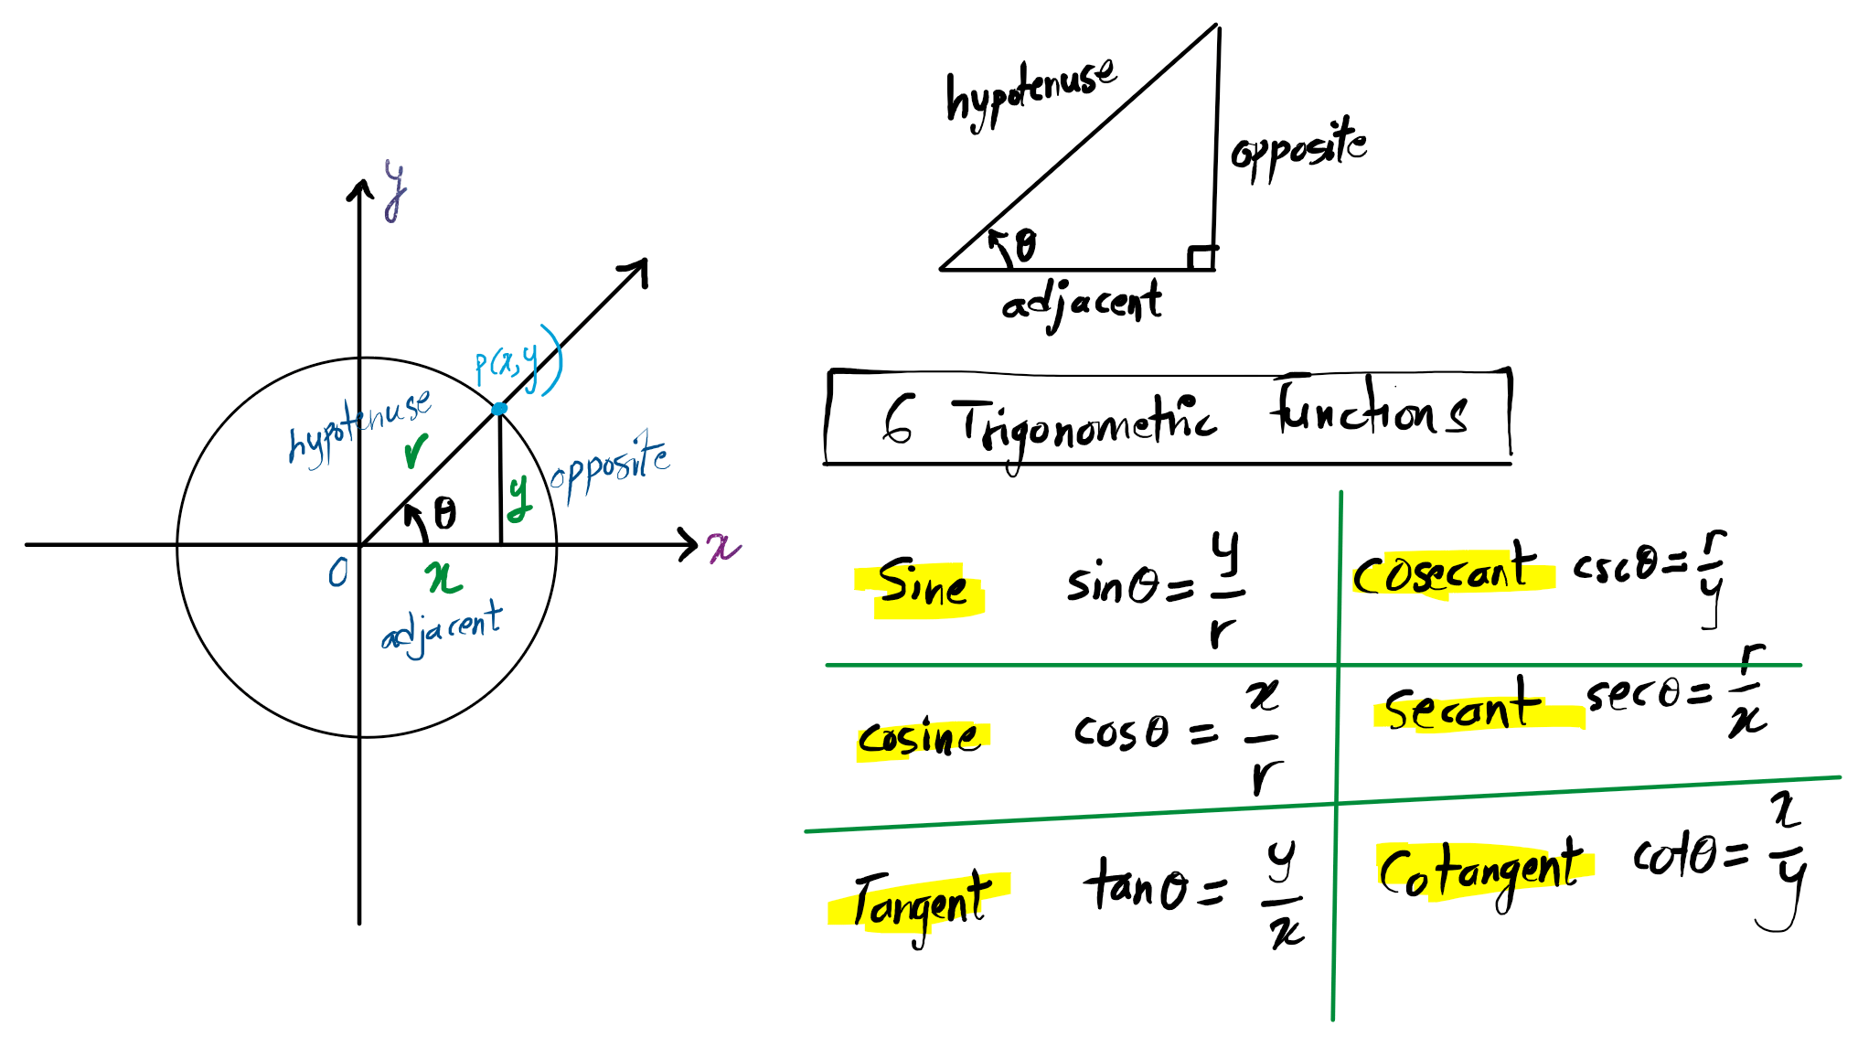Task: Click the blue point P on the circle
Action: (499, 409)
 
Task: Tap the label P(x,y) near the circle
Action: (517, 361)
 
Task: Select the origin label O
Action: (338, 573)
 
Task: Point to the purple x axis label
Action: (723, 547)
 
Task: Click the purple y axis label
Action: (395, 189)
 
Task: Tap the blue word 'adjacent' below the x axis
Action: (442, 628)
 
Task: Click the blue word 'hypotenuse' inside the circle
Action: (359, 428)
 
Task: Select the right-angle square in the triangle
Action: (1201, 258)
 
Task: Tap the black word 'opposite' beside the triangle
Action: (1298, 149)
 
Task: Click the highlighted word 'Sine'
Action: (922, 585)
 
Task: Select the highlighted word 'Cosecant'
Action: (1445, 572)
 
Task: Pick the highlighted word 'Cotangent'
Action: (1481, 871)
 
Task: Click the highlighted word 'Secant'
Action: (1463, 708)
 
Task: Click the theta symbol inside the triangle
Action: (1026, 245)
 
